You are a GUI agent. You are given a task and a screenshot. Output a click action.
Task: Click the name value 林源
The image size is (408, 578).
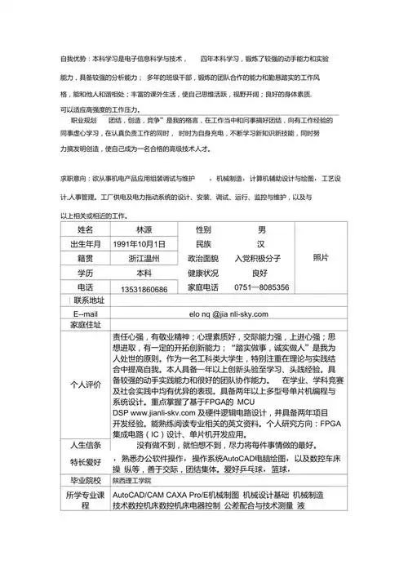click(144, 229)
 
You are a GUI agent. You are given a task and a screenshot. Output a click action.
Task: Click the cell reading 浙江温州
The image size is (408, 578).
click(144, 259)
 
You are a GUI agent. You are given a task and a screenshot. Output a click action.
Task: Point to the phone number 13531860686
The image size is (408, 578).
click(144, 289)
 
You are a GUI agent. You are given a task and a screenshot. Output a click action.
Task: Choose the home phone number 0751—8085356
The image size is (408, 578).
click(261, 287)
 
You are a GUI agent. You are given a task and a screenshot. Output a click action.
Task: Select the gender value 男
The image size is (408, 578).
click(261, 229)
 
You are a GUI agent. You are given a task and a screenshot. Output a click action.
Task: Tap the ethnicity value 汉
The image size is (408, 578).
click(261, 244)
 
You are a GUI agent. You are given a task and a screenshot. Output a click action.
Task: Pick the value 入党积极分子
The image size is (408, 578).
click(261, 259)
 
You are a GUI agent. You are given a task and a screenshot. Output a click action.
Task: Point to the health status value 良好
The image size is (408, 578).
click(261, 273)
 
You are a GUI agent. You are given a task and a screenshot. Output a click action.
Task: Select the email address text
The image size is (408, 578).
click(228, 314)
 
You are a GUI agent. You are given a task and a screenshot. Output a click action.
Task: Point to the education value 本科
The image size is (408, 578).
click(144, 273)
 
